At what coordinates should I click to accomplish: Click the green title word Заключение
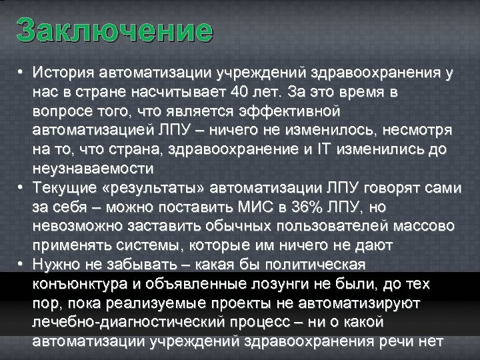[x=115, y=30]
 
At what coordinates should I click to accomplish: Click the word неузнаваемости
[x=93, y=167]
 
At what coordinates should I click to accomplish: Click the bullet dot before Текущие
[x=21, y=186]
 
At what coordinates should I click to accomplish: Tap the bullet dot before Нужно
[x=21, y=265]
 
